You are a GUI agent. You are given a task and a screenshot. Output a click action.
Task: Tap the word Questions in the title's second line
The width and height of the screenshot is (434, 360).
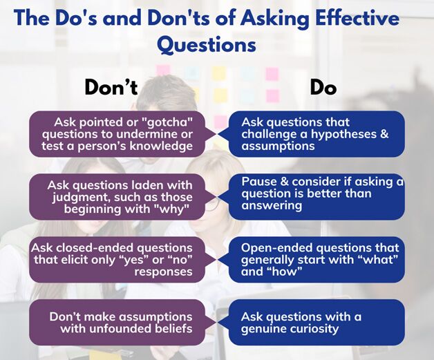click(207, 45)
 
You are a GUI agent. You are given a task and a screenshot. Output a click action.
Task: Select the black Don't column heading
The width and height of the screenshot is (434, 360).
click(111, 87)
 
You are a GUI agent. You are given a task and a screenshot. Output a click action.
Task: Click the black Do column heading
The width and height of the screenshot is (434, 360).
click(323, 87)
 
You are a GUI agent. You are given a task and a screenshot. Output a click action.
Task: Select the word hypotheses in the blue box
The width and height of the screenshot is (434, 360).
click(343, 135)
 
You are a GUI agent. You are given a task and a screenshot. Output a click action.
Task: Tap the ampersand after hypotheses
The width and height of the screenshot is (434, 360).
click(384, 134)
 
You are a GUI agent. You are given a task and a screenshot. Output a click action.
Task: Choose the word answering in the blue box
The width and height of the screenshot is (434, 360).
click(272, 206)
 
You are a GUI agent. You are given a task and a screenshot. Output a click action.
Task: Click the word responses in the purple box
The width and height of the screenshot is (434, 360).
click(163, 272)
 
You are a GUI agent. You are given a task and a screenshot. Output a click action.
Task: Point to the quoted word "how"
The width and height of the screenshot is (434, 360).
click(284, 272)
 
